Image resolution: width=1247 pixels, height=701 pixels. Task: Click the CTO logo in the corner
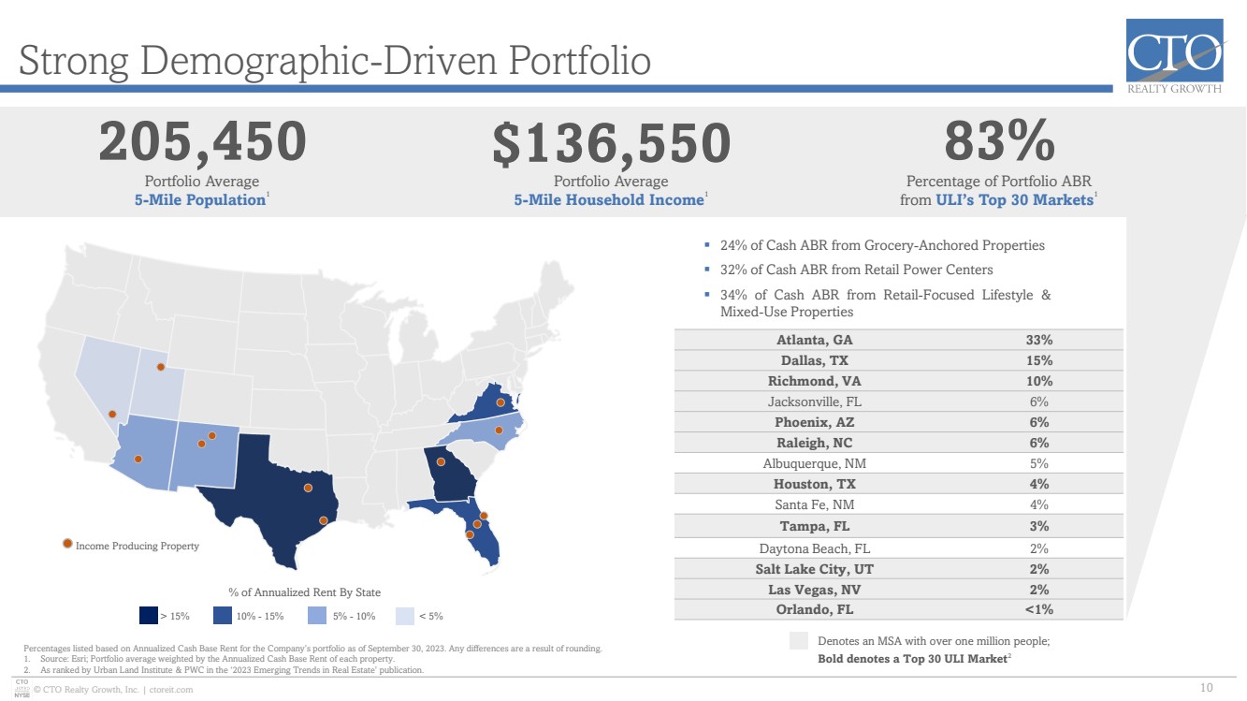[1175, 55]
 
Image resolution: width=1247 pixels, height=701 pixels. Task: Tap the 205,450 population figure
[203, 142]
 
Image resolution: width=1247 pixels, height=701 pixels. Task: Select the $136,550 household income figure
[611, 143]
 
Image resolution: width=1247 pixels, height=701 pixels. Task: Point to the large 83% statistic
[999, 140]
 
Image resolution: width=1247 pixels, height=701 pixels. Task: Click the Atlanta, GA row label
[815, 340]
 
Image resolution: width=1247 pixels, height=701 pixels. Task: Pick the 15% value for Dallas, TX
[1039, 360]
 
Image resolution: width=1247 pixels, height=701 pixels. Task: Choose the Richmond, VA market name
[815, 381]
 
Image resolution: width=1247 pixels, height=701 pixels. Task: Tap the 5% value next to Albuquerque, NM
[1038, 463]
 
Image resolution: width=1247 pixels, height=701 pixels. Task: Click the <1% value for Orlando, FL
[1038, 609]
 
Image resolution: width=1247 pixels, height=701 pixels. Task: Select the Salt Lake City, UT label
[815, 569]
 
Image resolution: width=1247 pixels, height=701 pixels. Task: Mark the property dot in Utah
[160, 367]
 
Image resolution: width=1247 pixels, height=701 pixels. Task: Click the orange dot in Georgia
[441, 461]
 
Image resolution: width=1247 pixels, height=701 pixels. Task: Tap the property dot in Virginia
[500, 402]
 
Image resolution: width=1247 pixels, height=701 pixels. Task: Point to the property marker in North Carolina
[499, 430]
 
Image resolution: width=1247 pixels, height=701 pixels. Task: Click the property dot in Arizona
[138, 459]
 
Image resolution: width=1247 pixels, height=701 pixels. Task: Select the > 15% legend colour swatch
[149, 615]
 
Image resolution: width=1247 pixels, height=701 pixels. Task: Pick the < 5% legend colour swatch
[405, 615]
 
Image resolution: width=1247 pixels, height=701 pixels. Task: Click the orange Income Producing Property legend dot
[67, 544]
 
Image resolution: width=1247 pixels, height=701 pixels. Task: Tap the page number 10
[1206, 688]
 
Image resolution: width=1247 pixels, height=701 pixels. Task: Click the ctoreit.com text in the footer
[171, 690]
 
